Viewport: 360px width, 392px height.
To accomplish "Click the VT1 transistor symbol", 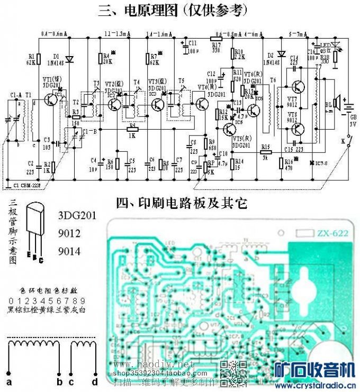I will point(51,99).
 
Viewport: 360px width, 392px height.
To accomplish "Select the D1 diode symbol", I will point(68,59).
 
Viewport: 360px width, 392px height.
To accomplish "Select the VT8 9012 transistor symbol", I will point(298,127).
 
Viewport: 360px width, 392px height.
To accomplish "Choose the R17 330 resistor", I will point(217,39).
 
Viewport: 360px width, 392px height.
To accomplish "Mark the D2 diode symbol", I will point(281,53).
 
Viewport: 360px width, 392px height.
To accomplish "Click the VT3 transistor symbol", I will point(157,104).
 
